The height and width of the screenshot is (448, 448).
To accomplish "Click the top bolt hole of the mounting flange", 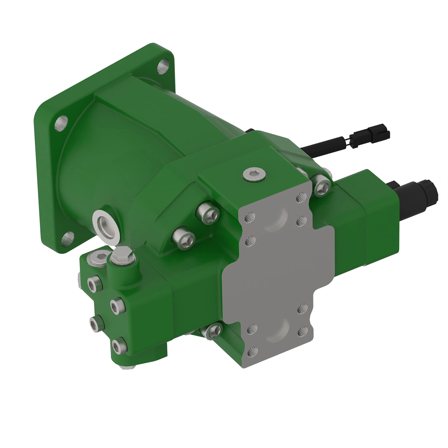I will pyautogui.click(x=163, y=67).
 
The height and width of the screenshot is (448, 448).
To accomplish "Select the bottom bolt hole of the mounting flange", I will pyautogui.click(x=68, y=238).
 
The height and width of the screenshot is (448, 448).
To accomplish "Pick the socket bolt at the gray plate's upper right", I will pyautogui.click(x=321, y=185).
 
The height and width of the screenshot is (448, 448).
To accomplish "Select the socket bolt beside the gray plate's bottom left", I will pyautogui.click(x=212, y=331).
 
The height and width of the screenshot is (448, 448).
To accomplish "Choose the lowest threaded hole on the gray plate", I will pyautogui.click(x=251, y=352).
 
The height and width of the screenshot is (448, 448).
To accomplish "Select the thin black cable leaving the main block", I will pyautogui.click(x=321, y=147).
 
